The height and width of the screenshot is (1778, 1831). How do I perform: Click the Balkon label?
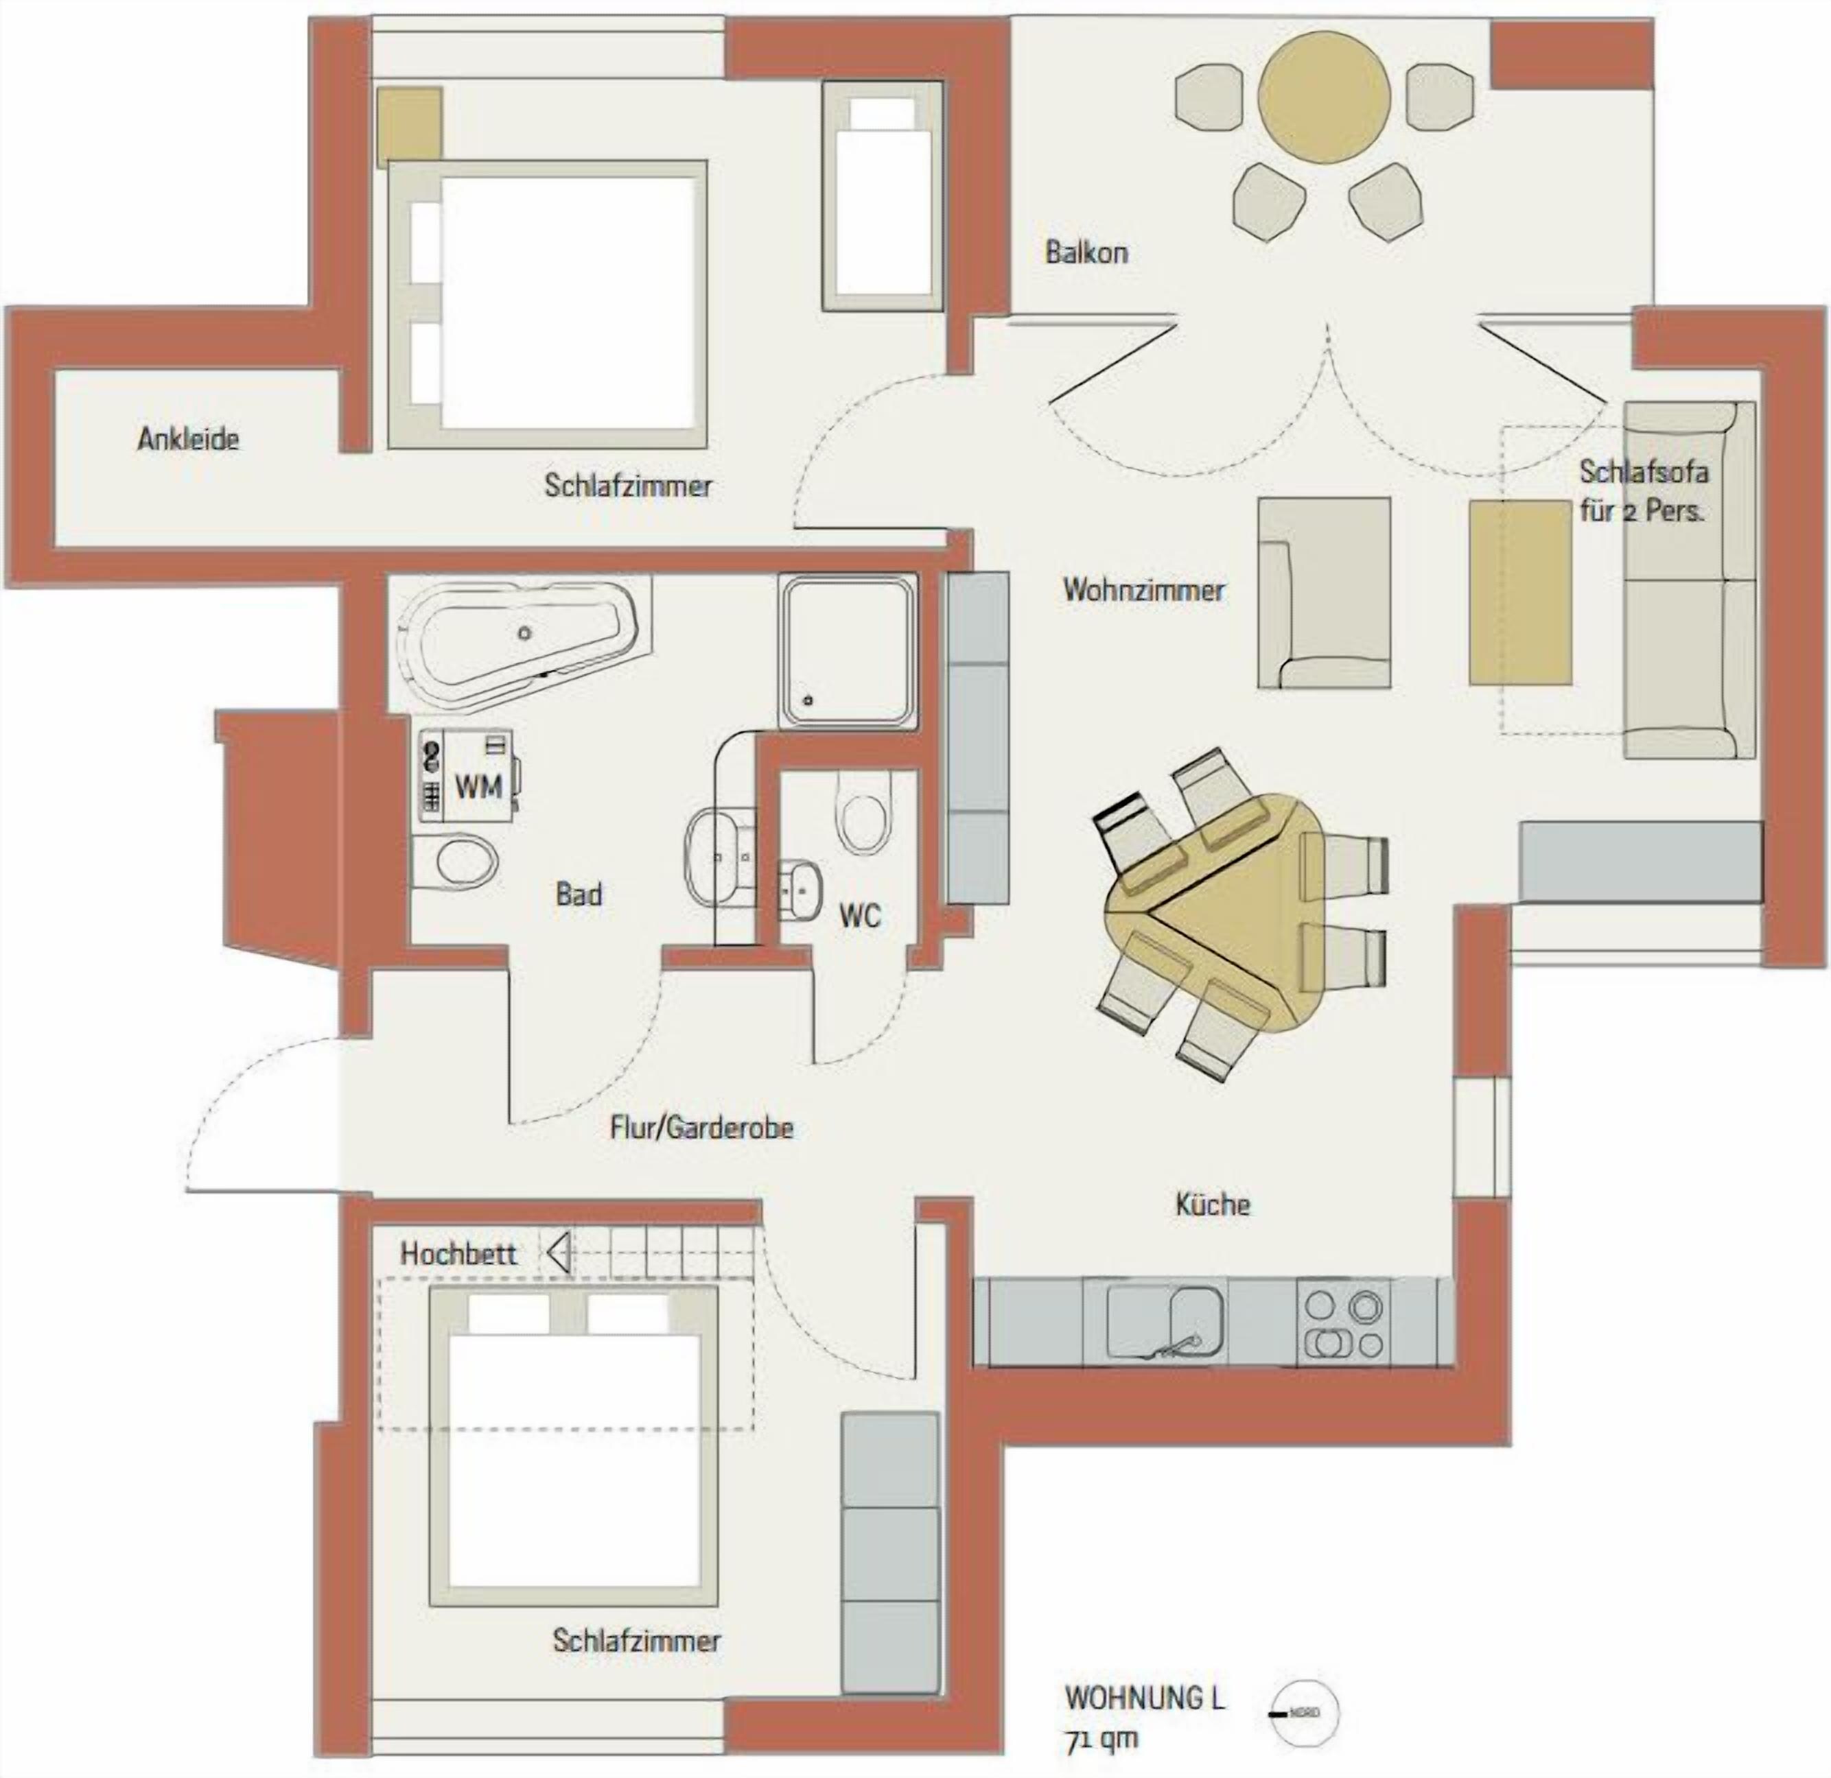pyautogui.click(x=1086, y=252)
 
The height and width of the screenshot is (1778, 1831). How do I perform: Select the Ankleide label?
pyautogui.click(x=188, y=439)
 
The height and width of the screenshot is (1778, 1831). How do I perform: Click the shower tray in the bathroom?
pyautogui.click(x=849, y=648)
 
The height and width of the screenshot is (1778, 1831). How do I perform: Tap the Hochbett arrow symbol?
pyautogui.click(x=559, y=1253)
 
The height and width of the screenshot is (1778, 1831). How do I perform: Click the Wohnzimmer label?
pyautogui.click(x=1143, y=590)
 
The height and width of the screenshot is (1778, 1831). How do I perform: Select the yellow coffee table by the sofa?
pyautogui.click(x=1519, y=591)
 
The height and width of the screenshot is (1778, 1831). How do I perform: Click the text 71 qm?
pyautogui.click(x=1101, y=1740)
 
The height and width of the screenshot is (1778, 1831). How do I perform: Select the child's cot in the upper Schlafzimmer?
pyautogui.click(x=882, y=196)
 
